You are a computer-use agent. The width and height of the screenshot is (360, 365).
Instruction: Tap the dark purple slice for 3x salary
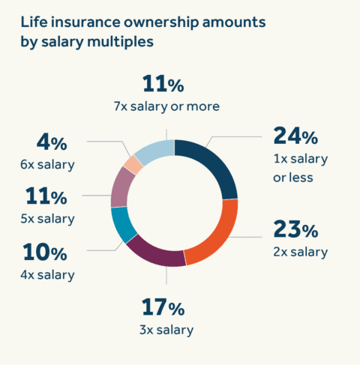[156, 253]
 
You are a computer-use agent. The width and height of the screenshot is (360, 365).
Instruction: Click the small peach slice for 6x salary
[133, 164]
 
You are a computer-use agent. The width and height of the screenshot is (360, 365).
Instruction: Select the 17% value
[163, 308]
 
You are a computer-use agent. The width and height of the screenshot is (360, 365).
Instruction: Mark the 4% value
[51, 141]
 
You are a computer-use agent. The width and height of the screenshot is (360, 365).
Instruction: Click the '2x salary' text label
[298, 252]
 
